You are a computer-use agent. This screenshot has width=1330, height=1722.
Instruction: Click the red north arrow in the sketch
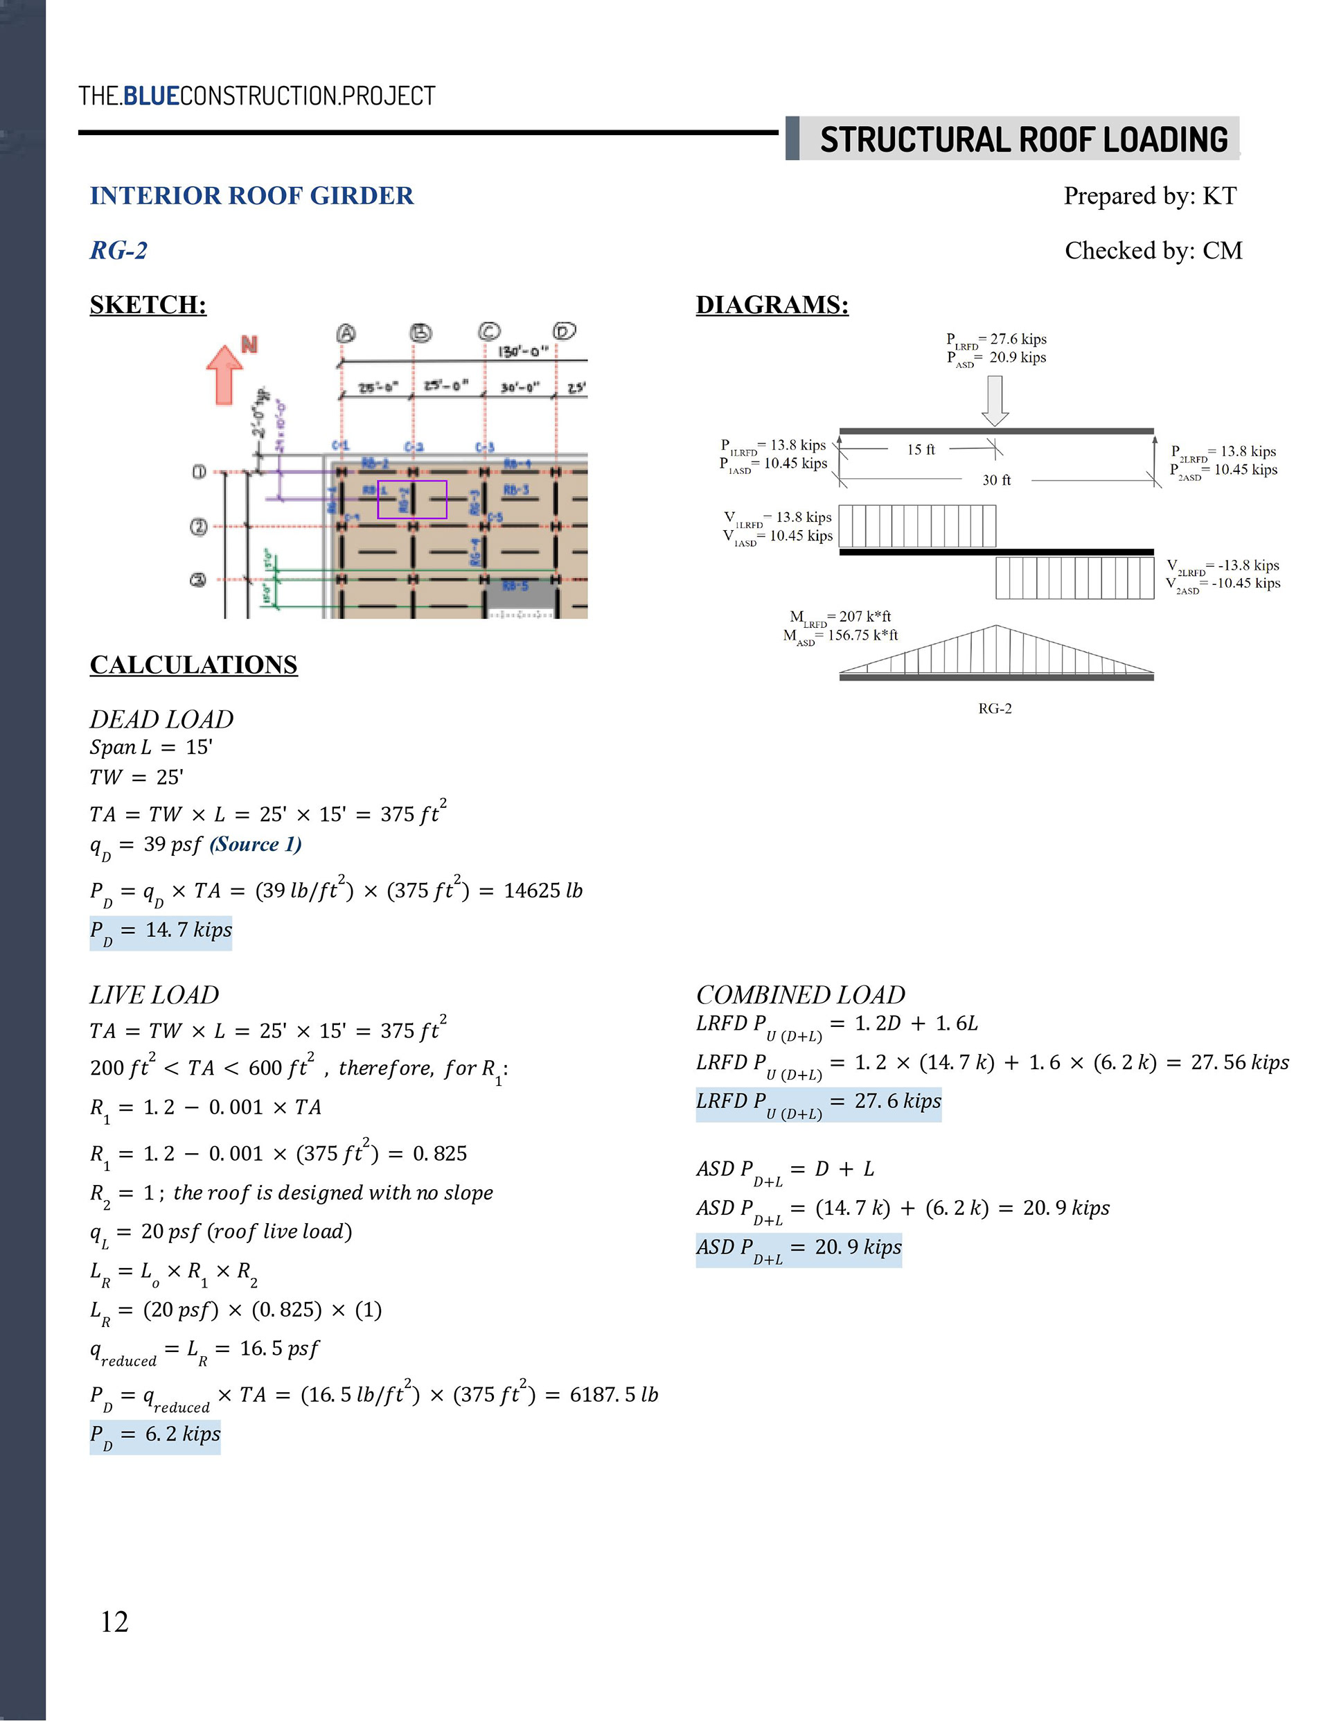(x=224, y=374)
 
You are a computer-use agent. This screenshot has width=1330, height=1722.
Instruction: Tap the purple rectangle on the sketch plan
(x=411, y=499)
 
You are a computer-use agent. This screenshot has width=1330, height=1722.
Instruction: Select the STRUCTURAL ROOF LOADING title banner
(x=1022, y=139)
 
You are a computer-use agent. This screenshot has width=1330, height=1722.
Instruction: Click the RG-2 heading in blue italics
(x=118, y=251)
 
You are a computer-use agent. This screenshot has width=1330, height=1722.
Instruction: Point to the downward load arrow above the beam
(x=995, y=400)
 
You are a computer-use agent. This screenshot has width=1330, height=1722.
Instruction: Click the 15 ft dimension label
(x=920, y=450)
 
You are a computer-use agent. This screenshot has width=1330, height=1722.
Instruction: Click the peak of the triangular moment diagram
(x=995, y=627)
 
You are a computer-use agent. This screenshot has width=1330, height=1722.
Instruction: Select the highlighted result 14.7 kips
(x=161, y=931)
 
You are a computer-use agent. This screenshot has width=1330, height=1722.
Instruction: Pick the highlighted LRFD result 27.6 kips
(x=818, y=1102)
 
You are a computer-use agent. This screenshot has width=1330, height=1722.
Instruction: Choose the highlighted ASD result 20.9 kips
(x=798, y=1248)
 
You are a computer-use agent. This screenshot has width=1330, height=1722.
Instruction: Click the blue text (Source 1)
(x=256, y=845)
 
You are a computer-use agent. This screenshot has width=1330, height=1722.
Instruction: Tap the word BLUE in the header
(x=152, y=96)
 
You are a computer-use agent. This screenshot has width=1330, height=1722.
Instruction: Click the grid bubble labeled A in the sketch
(x=345, y=333)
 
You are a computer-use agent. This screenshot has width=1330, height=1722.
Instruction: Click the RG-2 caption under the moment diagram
(x=995, y=709)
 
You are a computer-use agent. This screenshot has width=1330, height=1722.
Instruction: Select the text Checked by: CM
(x=1153, y=251)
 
